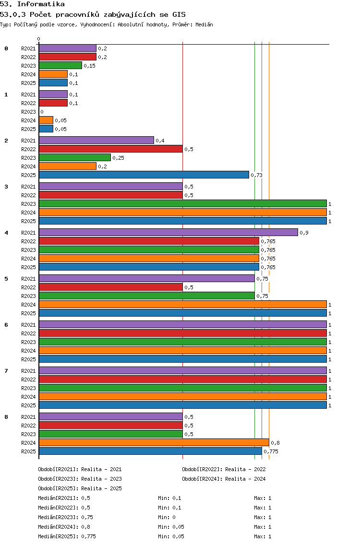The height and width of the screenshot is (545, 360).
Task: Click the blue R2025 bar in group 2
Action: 144,175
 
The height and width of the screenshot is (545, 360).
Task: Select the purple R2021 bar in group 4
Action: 168,232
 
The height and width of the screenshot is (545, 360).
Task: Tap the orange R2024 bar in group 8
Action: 154,442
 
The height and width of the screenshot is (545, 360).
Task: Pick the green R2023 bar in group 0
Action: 60,65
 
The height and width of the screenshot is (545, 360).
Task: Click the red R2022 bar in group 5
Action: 111,287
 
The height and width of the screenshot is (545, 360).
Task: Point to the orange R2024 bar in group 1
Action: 46,120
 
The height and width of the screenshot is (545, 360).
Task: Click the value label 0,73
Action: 257,175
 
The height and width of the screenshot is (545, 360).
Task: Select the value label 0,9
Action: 304,233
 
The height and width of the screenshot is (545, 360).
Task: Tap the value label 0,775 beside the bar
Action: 271,451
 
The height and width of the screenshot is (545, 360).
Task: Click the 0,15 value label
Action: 89,66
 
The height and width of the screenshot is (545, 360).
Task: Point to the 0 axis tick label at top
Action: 38,39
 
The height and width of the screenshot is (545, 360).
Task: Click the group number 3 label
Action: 6,187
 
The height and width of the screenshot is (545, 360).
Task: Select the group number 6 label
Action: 6,325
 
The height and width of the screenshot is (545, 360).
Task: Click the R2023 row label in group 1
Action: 28,112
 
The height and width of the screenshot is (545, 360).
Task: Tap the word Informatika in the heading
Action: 41,4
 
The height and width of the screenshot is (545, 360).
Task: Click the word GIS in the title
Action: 179,14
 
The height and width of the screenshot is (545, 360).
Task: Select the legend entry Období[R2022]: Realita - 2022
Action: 224,469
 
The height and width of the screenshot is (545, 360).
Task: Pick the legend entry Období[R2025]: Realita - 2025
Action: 80,488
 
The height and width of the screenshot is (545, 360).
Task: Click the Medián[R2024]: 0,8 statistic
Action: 64,527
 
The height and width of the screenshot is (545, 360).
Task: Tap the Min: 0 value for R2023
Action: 167,517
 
